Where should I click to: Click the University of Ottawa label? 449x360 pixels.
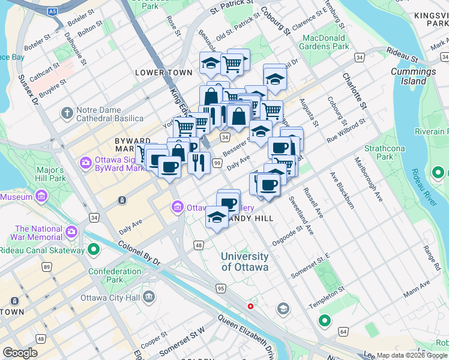click(244, 262)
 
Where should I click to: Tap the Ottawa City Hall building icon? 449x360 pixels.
click(149, 296)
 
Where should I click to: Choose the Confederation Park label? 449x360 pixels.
click(114, 275)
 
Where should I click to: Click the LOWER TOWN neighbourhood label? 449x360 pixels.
click(164, 73)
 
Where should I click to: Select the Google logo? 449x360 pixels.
click(20, 352)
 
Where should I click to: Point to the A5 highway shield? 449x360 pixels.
click(53, 11)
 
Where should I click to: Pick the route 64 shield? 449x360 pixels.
click(343, 331)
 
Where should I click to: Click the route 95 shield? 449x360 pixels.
click(221, 289)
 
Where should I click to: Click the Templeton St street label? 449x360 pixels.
click(326, 297)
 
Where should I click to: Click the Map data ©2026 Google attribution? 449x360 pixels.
click(412, 355)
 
